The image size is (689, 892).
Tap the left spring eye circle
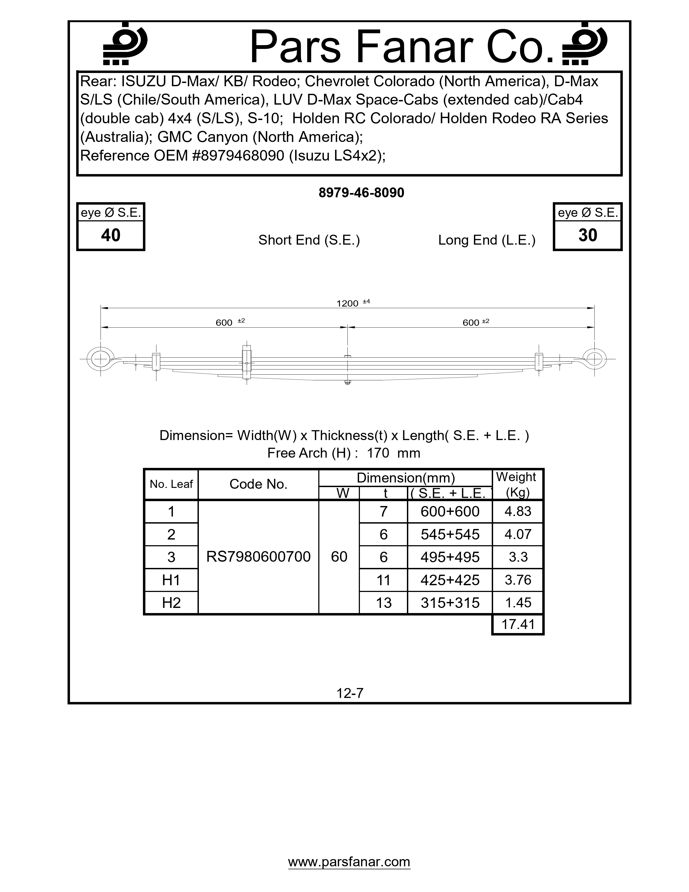pos(100,359)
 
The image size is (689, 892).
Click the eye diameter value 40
pos(111,235)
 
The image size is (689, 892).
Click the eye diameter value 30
pos(588,235)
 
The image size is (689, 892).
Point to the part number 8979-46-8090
pos(361,193)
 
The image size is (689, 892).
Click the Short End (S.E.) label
pos(309,240)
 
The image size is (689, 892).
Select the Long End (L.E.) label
pos(487,240)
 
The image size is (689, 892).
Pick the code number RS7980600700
pos(258,556)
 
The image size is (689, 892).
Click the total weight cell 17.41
pos(518,624)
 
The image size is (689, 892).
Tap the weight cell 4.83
pos(518,511)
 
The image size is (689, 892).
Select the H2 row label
pos(171,603)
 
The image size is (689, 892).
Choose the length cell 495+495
pos(450,557)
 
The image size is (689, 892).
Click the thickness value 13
pos(383,603)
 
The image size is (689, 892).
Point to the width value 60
pos(339,556)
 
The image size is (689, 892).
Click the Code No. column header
pos(258,484)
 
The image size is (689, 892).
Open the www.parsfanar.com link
pos(349,861)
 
